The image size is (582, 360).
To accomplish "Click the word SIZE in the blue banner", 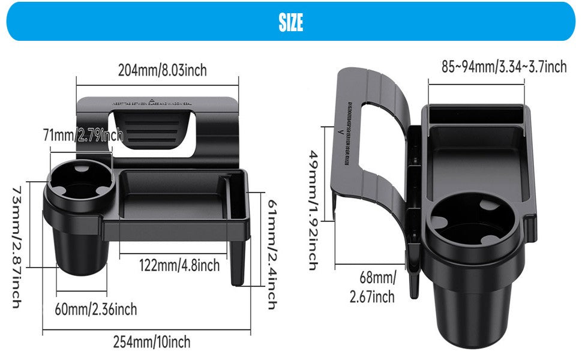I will point(290,22).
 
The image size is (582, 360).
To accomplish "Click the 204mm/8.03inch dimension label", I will point(162,70).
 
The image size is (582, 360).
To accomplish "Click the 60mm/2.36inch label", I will point(96,309).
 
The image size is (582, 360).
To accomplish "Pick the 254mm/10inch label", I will point(152,342).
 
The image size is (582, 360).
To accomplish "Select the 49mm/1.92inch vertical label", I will point(313,210).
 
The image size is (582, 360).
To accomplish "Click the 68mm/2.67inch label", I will point(377,287).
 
